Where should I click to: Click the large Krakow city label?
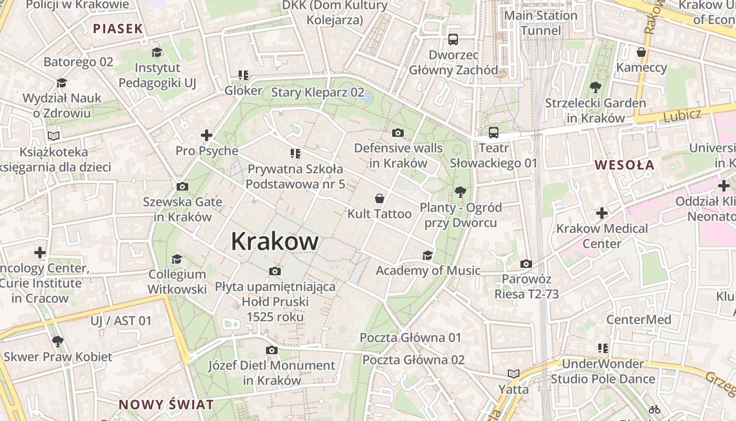pos(274,242)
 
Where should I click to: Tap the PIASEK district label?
pos(118,28)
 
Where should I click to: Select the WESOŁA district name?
pos(625,165)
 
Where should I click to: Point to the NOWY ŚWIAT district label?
pos(166,405)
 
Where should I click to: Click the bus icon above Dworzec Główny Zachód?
pos(453,39)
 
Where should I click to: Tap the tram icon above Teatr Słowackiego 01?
pos(493,133)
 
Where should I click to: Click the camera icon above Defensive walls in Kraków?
pos(398,133)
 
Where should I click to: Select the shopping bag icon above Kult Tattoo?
pos(379,198)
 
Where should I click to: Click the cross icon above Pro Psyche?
pos(207,135)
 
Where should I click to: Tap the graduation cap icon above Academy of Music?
pos(427,255)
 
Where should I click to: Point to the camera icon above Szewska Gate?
pos(182,186)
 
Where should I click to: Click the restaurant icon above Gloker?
pos(243,75)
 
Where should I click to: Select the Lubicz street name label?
pos(682,114)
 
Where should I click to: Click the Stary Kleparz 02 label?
pos(318,93)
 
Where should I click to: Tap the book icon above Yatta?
pos(513,374)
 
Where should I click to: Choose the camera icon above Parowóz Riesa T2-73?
pos(526,264)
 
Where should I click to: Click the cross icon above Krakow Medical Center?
pos(602,213)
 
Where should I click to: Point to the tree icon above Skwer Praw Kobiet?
pos(58,342)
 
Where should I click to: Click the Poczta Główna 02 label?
pos(414,360)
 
